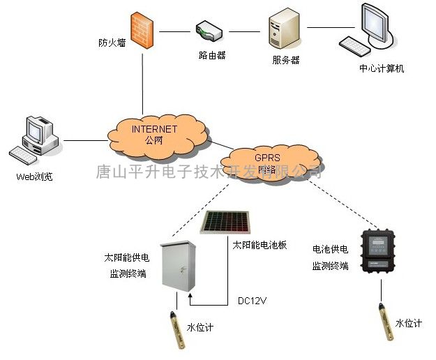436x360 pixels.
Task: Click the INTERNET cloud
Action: [157, 133]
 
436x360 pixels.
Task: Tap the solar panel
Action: [227, 223]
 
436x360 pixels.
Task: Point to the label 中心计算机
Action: [382, 69]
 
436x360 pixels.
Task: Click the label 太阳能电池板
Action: [260, 246]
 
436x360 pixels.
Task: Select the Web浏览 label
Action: [33, 177]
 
